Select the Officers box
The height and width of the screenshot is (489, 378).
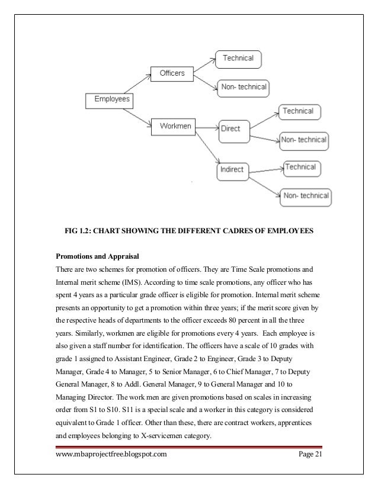click(x=172, y=73)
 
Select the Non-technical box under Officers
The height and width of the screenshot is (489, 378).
click(x=244, y=88)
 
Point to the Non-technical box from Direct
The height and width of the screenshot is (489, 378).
click(x=304, y=140)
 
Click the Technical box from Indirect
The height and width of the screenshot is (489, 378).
click(x=300, y=168)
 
